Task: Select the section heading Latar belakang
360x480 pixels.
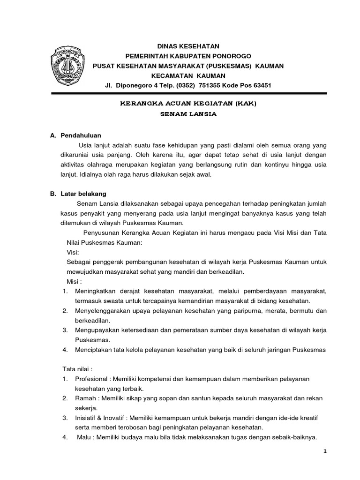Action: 84,194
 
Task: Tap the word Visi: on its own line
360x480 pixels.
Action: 73,252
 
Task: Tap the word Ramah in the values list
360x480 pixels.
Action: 85,398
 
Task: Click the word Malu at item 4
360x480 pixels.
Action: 85,437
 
